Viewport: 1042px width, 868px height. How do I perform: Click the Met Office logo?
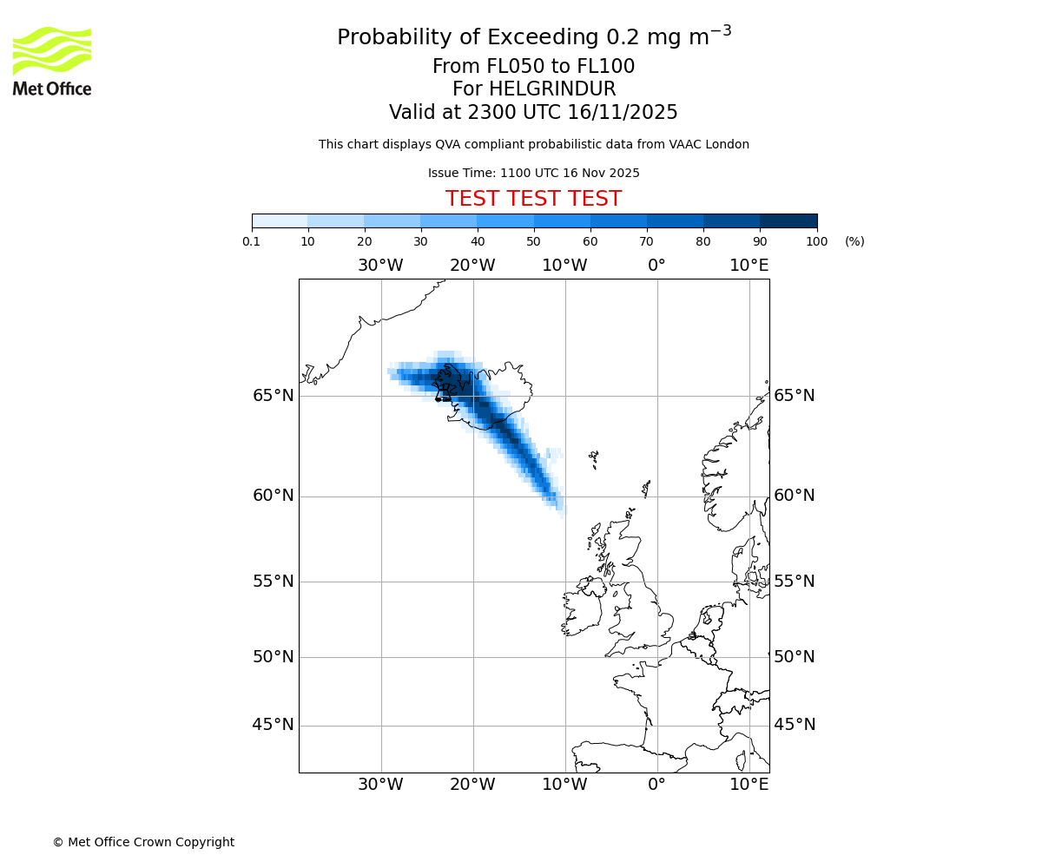click(52, 61)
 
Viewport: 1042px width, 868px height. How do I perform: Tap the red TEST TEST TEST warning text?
click(533, 199)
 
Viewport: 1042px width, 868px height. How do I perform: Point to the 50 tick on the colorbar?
click(533, 241)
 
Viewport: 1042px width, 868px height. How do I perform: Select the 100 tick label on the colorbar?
click(816, 241)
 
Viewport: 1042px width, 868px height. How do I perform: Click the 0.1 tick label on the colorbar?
click(252, 241)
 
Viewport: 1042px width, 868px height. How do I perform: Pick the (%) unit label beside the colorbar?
click(854, 241)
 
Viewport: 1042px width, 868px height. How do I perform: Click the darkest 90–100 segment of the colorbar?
click(788, 220)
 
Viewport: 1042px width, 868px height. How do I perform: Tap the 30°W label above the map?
click(380, 266)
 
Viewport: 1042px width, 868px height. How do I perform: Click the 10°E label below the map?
click(749, 785)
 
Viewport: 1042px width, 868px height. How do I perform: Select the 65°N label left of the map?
click(274, 396)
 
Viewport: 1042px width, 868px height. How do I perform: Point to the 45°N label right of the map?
click(795, 725)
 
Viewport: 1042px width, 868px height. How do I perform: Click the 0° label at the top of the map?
click(656, 266)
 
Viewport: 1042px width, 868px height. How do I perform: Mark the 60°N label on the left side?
click(274, 496)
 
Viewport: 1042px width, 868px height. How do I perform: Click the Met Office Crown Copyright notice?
click(143, 842)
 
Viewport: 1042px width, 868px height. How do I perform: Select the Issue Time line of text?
click(533, 173)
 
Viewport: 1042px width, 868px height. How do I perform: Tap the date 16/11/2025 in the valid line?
click(623, 113)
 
